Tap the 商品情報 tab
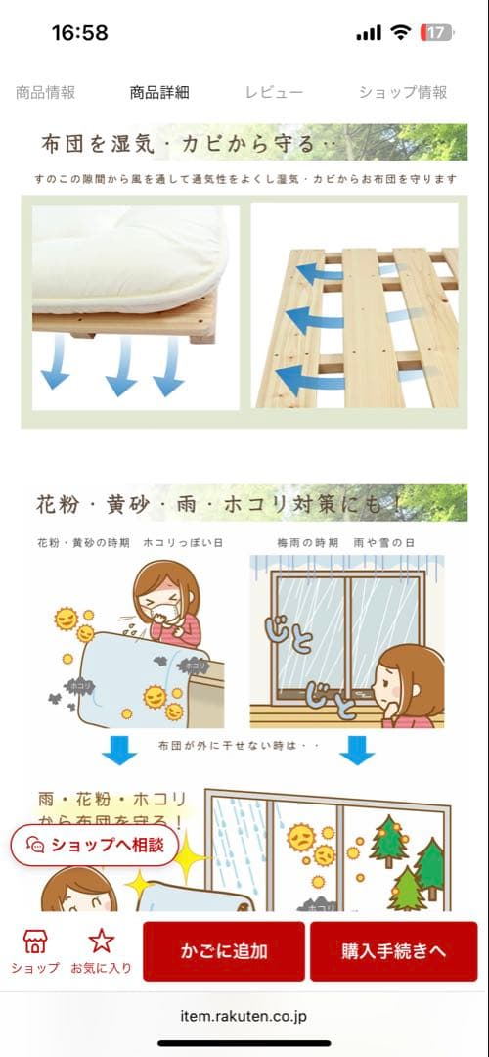(45, 93)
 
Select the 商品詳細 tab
(159, 93)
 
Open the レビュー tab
(274, 93)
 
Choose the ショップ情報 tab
(403, 93)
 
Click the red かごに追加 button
(224, 951)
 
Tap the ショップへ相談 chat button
(95, 845)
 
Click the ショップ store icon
(35, 942)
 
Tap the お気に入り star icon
(102, 942)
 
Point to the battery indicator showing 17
(436, 33)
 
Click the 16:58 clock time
(79, 33)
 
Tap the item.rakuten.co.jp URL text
(244, 1017)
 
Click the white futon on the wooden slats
(132, 256)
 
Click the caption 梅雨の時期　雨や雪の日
(345, 542)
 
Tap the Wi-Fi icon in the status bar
(399, 33)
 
